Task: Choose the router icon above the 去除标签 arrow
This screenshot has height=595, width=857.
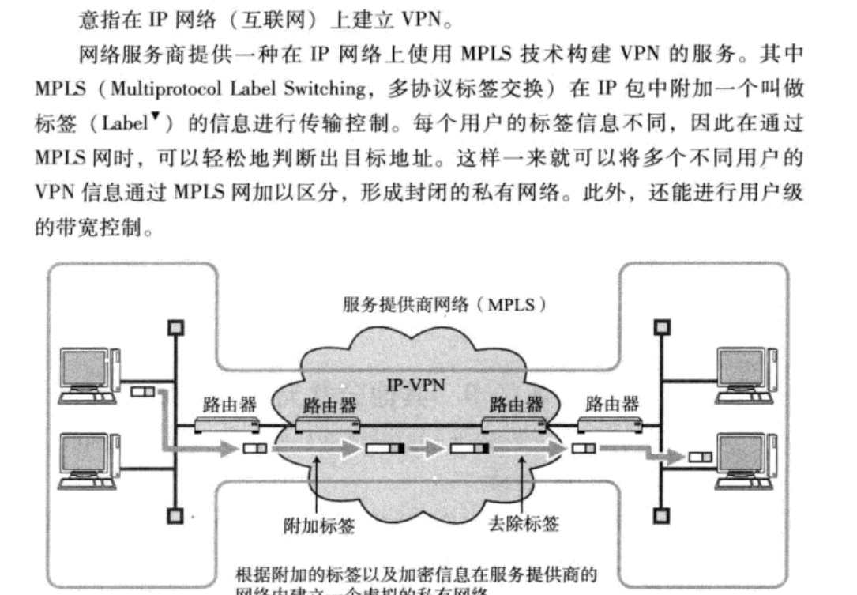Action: coord(514,427)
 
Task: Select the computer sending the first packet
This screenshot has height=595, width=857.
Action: coord(89,375)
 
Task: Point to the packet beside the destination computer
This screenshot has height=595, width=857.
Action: coord(699,457)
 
